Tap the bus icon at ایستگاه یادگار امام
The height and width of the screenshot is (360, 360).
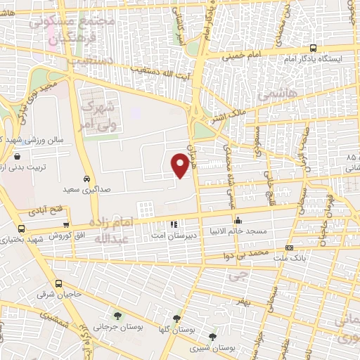pyautogui.click(x=312, y=49)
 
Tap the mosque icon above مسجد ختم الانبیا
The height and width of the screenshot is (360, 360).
pyautogui.click(x=238, y=221)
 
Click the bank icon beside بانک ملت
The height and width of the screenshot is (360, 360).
pyautogui.click(x=289, y=248)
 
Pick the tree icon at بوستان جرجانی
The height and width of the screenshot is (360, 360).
pyautogui.click(x=117, y=316)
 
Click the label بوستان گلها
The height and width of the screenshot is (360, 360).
pyautogui.click(x=176, y=328)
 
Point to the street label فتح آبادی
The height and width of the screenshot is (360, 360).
pyautogui.click(x=42, y=210)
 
